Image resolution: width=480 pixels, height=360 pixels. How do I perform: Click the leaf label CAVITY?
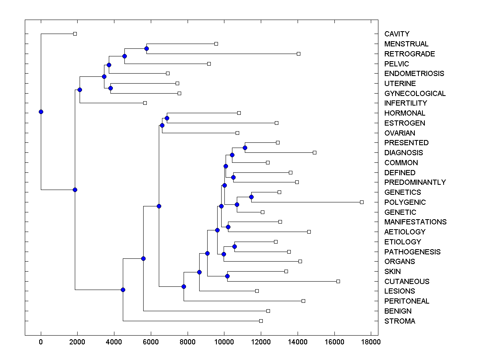click(397, 34)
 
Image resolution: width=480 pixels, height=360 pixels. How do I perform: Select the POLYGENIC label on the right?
click(405, 202)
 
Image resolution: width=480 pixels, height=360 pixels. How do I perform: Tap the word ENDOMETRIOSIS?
click(414, 74)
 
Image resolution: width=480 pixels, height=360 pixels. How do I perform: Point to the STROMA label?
click(400, 321)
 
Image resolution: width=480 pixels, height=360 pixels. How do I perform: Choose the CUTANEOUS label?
click(407, 282)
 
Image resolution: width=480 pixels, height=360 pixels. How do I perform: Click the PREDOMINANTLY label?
click(415, 182)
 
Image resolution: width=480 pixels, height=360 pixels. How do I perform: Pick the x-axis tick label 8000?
click(187, 342)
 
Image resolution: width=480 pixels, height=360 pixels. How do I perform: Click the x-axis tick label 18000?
click(371, 342)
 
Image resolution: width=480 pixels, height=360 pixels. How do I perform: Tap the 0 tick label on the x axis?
click(41, 342)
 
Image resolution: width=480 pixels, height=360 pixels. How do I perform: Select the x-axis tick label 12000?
click(261, 342)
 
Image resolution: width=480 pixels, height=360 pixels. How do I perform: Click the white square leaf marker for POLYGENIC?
click(362, 202)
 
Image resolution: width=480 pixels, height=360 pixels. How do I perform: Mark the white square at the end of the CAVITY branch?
click(75, 34)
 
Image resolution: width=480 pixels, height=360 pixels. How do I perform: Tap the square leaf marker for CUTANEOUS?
click(338, 281)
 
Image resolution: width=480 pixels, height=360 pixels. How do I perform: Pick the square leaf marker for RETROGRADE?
click(298, 54)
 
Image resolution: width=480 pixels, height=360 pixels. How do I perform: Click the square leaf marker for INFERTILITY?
click(145, 103)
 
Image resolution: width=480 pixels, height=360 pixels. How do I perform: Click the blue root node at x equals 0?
click(41, 112)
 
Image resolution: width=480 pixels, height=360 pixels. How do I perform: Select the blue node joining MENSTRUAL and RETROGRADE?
click(146, 48)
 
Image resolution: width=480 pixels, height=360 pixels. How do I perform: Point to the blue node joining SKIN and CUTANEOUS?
click(227, 276)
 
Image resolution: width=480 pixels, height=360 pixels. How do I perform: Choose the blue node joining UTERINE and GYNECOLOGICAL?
click(110, 88)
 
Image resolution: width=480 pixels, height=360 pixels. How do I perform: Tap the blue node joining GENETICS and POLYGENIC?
click(251, 197)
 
